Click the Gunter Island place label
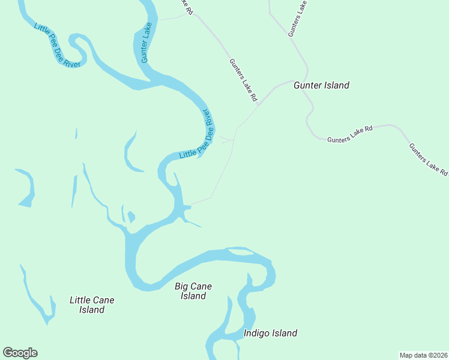tap(321, 86)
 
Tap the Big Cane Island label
tap(193, 291)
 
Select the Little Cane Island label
tap(92, 305)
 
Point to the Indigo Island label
tap(270, 334)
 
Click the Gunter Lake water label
tap(145, 43)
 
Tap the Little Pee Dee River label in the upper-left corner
tap(57, 46)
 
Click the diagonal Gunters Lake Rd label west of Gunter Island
tap(243, 79)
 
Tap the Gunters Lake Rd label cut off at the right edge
tap(428, 159)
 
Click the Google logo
tap(20, 353)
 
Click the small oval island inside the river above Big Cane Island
tap(240, 252)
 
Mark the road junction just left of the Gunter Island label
tap(292, 80)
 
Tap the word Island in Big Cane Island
tap(193, 296)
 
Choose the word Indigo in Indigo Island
tap(257, 334)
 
